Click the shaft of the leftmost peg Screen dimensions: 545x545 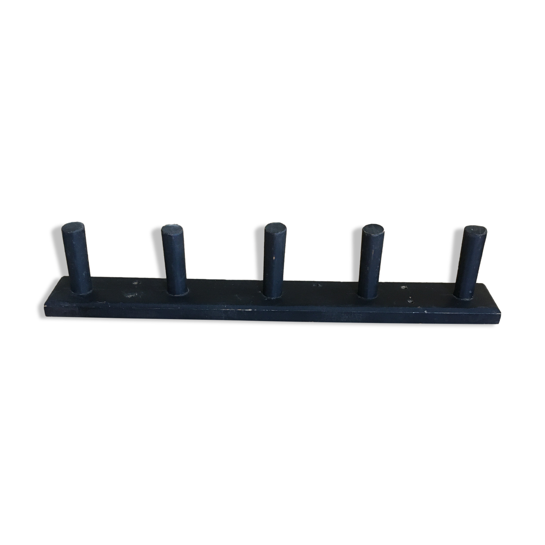pyautogui.click(x=77, y=258)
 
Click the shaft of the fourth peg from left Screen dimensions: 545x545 pyautogui.click(x=371, y=262)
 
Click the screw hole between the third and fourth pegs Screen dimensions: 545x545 pyautogui.click(x=318, y=285)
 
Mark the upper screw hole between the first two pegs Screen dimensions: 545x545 pyautogui.click(x=136, y=282)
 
